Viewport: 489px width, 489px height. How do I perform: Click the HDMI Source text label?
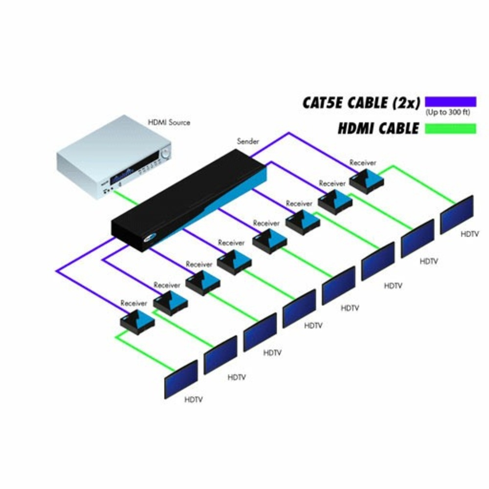[169, 122]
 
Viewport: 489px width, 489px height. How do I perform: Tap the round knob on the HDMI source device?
[166, 153]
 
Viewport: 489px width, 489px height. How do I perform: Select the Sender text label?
[248, 141]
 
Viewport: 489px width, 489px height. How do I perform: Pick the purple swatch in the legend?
[450, 101]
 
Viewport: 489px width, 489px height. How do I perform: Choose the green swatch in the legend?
[450, 128]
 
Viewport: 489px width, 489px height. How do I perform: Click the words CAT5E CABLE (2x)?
[361, 103]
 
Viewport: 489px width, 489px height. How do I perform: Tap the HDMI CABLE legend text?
[378, 129]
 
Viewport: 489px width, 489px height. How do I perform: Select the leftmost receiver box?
[137, 321]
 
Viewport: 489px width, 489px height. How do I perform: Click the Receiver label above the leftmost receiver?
[133, 303]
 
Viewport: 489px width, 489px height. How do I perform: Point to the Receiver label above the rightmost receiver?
[363, 162]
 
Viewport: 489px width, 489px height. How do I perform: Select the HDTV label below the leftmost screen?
[194, 400]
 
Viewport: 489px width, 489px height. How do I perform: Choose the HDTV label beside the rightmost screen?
[470, 234]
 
